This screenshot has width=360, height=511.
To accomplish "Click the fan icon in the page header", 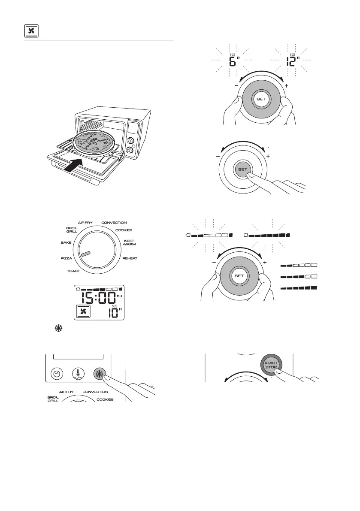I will point(30,31).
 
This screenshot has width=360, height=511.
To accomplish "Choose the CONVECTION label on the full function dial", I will point(114,223).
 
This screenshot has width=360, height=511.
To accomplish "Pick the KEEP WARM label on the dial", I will point(129,242).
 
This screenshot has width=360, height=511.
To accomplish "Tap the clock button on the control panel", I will point(57,374).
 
